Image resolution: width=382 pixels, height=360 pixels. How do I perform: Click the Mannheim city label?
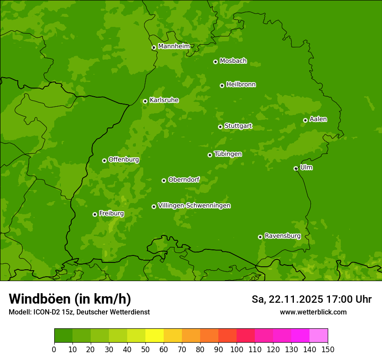[x=174, y=46]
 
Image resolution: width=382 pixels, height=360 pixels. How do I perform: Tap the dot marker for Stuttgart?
[x=220, y=127]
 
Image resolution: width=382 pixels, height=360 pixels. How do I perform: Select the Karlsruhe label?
[x=164, y=100]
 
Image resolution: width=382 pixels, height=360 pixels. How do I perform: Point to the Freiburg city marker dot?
[x=95, y=214]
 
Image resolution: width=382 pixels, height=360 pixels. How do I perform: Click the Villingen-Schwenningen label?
[x=194, y=206]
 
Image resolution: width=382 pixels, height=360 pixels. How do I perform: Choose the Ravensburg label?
[x=282, y=236]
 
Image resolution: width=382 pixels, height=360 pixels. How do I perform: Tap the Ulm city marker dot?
[x=296, y=168]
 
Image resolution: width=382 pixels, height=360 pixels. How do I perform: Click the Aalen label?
[x=318, y=119]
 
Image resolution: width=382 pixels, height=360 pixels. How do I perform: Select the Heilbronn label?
[x=240, y=85]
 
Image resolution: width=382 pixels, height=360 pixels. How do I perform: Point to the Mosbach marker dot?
[x=215, y=62]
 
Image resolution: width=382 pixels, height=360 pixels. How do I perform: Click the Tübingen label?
[x=227, y=154]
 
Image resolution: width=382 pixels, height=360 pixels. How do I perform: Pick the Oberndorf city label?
[x=184, y=180]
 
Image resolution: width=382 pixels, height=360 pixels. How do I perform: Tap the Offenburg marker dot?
[x=104, y=160]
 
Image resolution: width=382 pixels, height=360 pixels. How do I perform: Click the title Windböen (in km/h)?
[x=69, y=299]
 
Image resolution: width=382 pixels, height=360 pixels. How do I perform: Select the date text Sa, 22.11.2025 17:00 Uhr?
[x=311, y=299]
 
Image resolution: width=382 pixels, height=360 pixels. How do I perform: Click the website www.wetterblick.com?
[x=313, y=312]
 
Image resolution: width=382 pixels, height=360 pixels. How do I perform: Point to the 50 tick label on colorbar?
[x=145, y=349]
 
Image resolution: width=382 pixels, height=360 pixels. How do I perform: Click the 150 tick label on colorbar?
[x=328, y=349]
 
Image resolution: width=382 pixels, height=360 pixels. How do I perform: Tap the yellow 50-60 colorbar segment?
[x=155, y=336]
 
